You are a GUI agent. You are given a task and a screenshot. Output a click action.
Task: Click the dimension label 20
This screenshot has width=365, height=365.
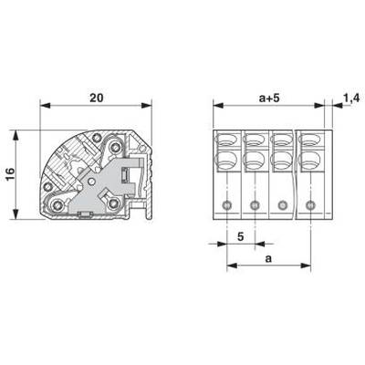click(x=96, y=98)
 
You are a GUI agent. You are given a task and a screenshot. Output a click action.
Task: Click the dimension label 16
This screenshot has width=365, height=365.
click(x=10, y=174)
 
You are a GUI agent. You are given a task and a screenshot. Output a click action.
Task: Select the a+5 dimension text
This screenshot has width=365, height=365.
click(x=269, y=99)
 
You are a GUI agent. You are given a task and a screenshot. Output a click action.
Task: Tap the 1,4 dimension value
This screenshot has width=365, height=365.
click(x=352, y=98)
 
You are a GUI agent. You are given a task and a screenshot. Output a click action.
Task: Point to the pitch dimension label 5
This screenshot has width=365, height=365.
click(x=241, y=236)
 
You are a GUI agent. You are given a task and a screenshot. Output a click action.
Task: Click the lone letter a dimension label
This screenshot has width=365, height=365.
click(x=268, y=259)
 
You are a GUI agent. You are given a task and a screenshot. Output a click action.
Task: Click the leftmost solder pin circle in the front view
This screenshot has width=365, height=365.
click(x=227, y=205)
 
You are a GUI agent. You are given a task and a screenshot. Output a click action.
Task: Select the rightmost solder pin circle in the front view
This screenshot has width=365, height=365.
click(x=310, y=205)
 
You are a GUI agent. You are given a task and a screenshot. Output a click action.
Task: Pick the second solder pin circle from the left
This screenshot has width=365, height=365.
click(x=255, y=205)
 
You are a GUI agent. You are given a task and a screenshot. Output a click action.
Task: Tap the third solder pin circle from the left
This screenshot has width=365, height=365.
click(x=283, y=205)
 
